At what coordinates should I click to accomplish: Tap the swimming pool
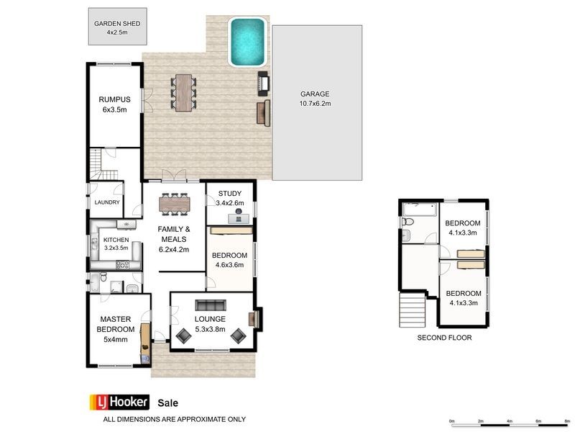pos(247,42)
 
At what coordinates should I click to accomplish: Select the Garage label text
pos(315,94)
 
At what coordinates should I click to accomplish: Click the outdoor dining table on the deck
pos(184,91)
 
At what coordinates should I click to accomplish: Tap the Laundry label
pos(107,203)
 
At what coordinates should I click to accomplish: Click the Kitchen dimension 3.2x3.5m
pos(116,248)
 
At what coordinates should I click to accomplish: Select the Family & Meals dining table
pos(175,204)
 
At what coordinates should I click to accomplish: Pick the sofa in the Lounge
pos(211,304)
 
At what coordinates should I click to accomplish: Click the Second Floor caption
pos(444,337)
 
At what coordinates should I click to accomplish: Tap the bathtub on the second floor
pos(418,210)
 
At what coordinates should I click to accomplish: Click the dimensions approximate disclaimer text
pos(175,419)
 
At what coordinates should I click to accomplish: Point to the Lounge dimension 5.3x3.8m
pos(211,330)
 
